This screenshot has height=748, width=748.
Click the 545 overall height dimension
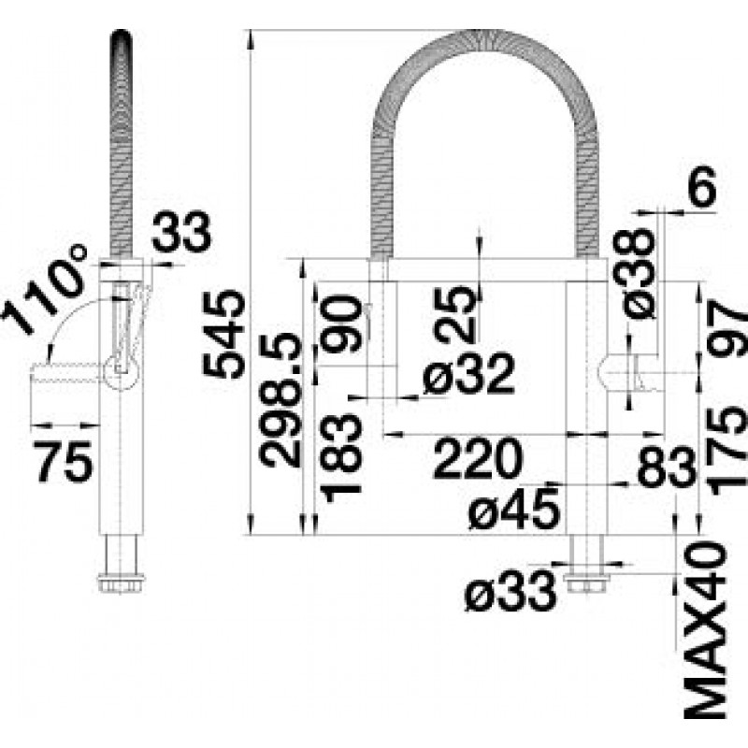point(223,334)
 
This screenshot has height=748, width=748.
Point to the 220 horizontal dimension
point(478,458)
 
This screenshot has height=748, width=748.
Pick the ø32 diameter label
point(469,375)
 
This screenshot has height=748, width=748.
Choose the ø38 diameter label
point(639,274)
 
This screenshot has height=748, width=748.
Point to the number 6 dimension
point(702,186)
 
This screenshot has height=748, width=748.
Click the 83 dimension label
point(667,467)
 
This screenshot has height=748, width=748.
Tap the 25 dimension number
point(455,314)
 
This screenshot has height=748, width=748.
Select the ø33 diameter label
point(510,591)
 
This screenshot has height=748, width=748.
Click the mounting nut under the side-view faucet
point(121,583)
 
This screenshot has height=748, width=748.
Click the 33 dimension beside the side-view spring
point(181,232)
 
